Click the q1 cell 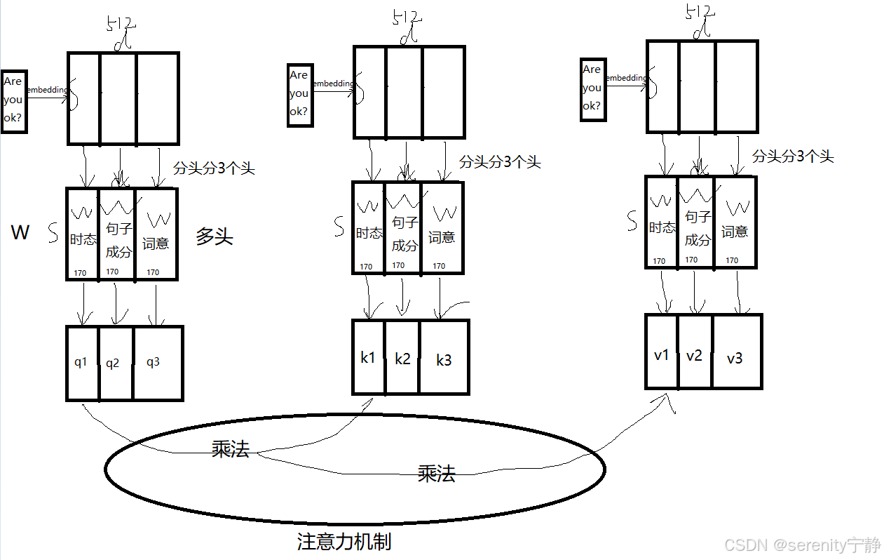81,363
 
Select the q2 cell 113,364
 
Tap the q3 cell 154,363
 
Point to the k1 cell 368,357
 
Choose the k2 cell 402,359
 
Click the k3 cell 444,360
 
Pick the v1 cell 662,355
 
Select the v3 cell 735,358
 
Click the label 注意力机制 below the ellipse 344,542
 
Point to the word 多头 215,236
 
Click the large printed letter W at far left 20,233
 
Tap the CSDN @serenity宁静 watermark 803,545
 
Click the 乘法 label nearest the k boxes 231,450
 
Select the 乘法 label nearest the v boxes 436,474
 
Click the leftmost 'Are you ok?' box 13,100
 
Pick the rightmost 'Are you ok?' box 592,88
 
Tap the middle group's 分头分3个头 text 500,162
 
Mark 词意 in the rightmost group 735,232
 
